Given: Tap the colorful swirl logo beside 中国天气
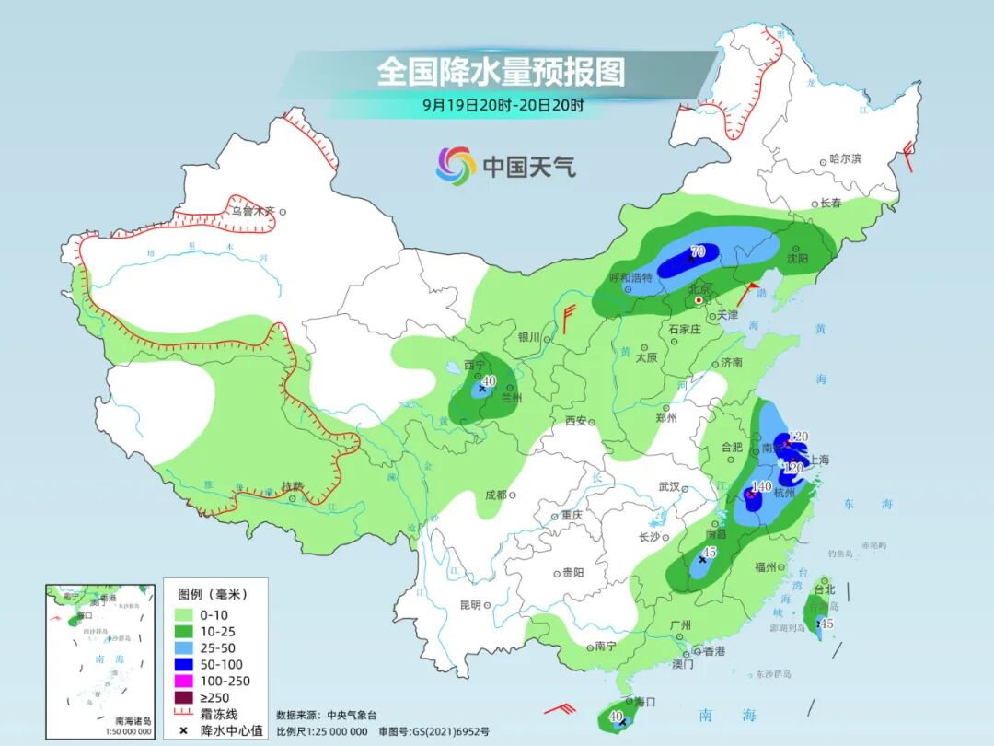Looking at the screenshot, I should (x=456, y=166).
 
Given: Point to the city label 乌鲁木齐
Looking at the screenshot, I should (x=252, y=211).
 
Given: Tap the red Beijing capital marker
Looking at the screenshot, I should (x=699, y=300).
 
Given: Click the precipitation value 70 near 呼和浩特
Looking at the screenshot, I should (x=698, y=251).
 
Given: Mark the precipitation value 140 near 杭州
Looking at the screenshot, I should (x=762, y=486).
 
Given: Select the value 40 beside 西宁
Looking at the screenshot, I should (x=489, y=381).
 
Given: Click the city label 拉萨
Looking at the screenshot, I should (x=292, y=486).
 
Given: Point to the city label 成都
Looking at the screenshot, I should (x=494, y=495).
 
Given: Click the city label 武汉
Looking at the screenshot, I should (x=668, y=486).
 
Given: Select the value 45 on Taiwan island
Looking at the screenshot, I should (x=826, y=624).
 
